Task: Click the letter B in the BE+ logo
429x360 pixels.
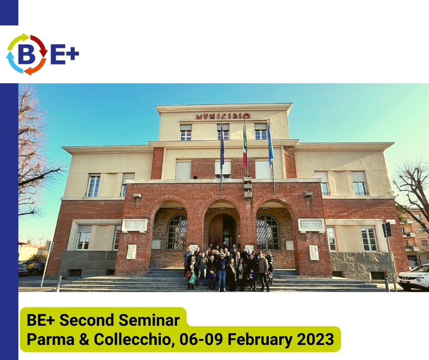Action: pos(26,54)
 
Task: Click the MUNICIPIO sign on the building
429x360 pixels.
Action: pos(223,116)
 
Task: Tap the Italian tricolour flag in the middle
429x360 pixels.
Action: pos(245,149)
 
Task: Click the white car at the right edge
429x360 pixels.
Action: pos(413,277)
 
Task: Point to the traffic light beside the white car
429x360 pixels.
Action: pos(387,230)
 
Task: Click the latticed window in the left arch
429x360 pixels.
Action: pos(177,232)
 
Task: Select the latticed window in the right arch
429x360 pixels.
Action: pos(268,232)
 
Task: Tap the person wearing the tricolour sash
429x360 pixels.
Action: pos(232,274)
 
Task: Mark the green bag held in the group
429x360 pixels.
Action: pos(192,278)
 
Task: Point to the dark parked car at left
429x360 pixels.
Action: pos(34,268)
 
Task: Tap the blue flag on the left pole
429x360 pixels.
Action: pos(222,148)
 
